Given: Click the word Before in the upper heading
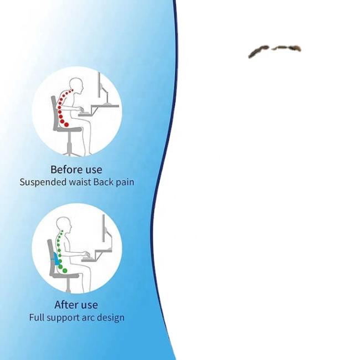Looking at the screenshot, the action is [66, 169].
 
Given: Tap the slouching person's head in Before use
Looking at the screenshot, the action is [76, 86].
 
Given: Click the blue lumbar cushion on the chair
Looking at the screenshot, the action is [55, 259].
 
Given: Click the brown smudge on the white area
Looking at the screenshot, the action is [274, 50].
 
